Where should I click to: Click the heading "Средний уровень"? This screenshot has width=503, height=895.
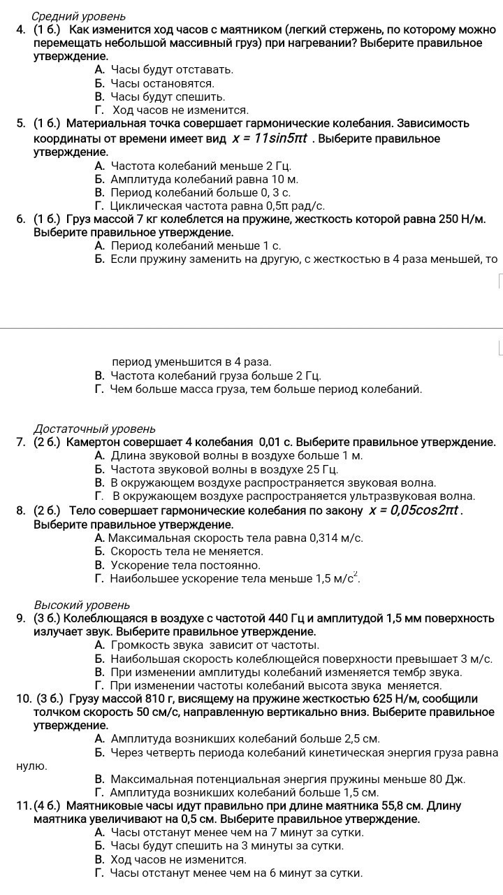point(79,16)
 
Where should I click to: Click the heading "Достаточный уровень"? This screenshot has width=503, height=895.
point(94,429)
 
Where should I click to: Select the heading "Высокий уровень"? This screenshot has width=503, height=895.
point(82,605)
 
